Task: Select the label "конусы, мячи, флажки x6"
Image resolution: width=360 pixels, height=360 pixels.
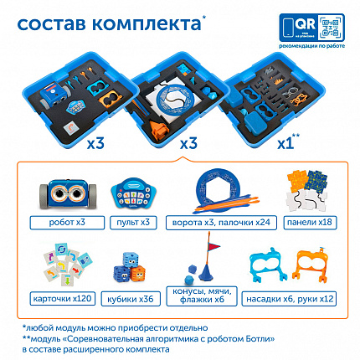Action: [x=206, y=298]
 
